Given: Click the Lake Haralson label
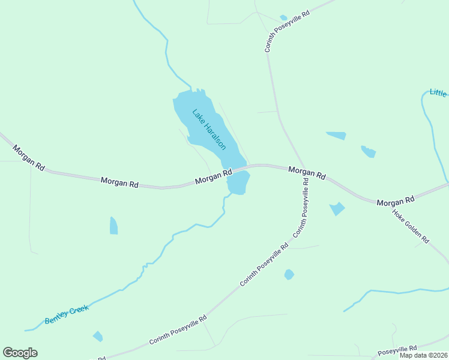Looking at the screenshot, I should (209, 129).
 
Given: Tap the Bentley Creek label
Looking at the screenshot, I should (67, 314).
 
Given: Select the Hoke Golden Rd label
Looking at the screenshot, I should (411, 226).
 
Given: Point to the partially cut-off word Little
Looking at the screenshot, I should (438, 93).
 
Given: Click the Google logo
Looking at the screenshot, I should (20, 353).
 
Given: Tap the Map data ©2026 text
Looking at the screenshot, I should (424, 355).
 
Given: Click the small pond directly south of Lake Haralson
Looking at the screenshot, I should (238, 183).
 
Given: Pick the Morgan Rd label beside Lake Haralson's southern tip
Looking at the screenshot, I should (213, 177).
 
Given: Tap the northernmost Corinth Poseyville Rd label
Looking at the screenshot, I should (286, 30).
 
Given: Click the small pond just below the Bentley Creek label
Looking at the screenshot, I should (97, 336).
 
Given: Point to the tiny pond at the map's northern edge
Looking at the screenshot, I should (283, 18).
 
